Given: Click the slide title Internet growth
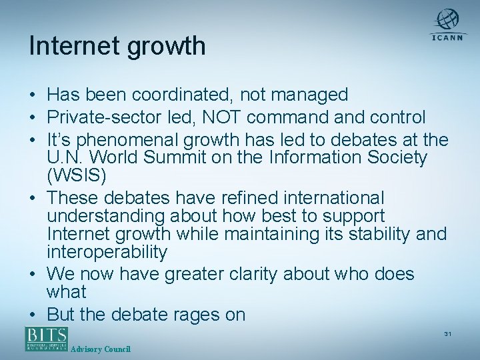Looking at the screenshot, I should pyautogui.click(x=117, y=47).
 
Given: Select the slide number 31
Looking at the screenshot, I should pyautogui.click(x=447, y=333).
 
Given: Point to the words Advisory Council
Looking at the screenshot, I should pyautogui.click(x=101, y=350).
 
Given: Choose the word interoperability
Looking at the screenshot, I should pyautogui.click(x=107, y=253).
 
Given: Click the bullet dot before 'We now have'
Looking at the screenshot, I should pyautogui.click(x=33, y=275).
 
